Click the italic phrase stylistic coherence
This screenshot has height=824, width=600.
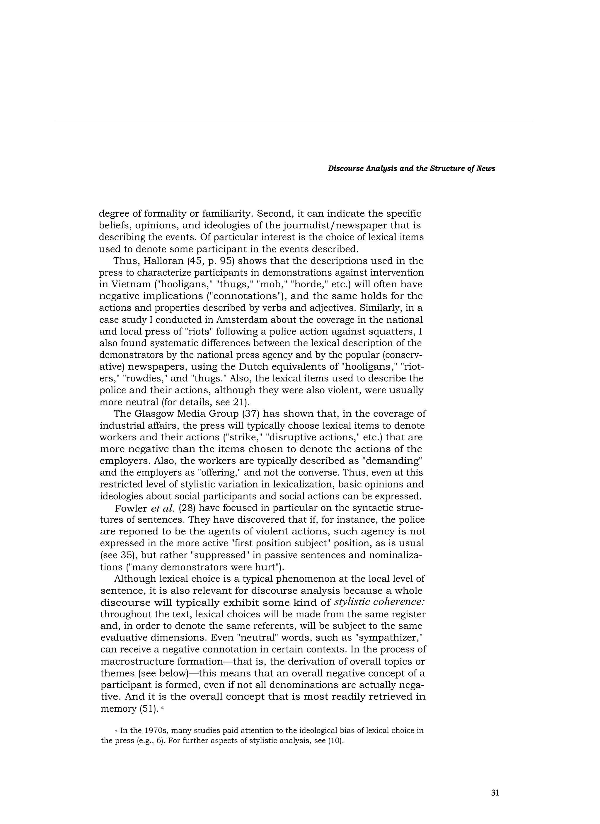pos(379,602)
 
